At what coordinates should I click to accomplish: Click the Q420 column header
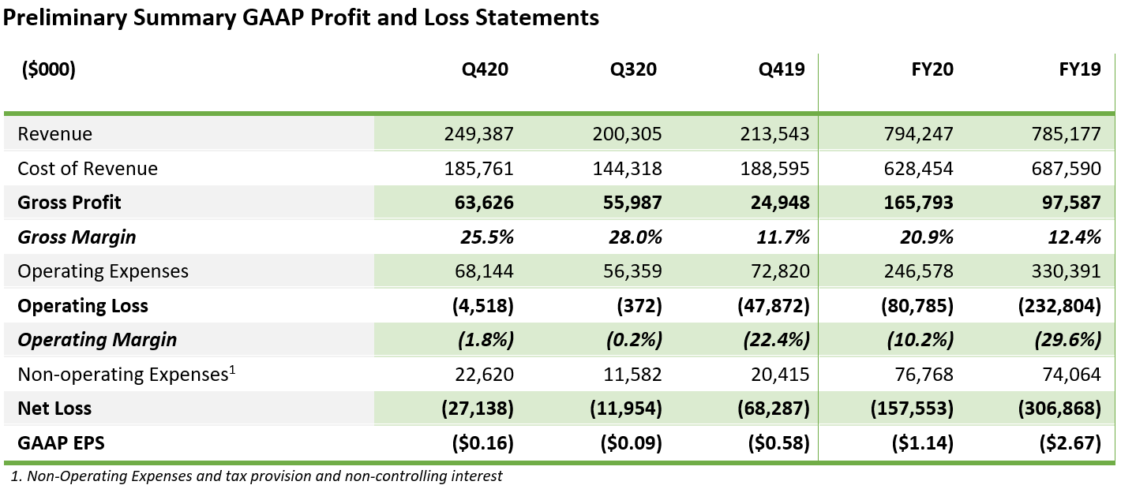pos(485,69)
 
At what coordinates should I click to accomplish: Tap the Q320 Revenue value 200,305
pos(627,134)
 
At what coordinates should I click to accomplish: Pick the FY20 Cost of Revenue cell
pos(920,169)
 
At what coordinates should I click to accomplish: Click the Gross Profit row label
pos(69,203)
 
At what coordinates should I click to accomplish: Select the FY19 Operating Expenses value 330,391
pos(1067,271)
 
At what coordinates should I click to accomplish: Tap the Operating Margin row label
pos(97,340)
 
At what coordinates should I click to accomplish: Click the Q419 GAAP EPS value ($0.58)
pos(779,443)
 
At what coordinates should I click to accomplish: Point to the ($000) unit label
pos(47,69)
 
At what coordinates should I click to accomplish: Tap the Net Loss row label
pos(54,409)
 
